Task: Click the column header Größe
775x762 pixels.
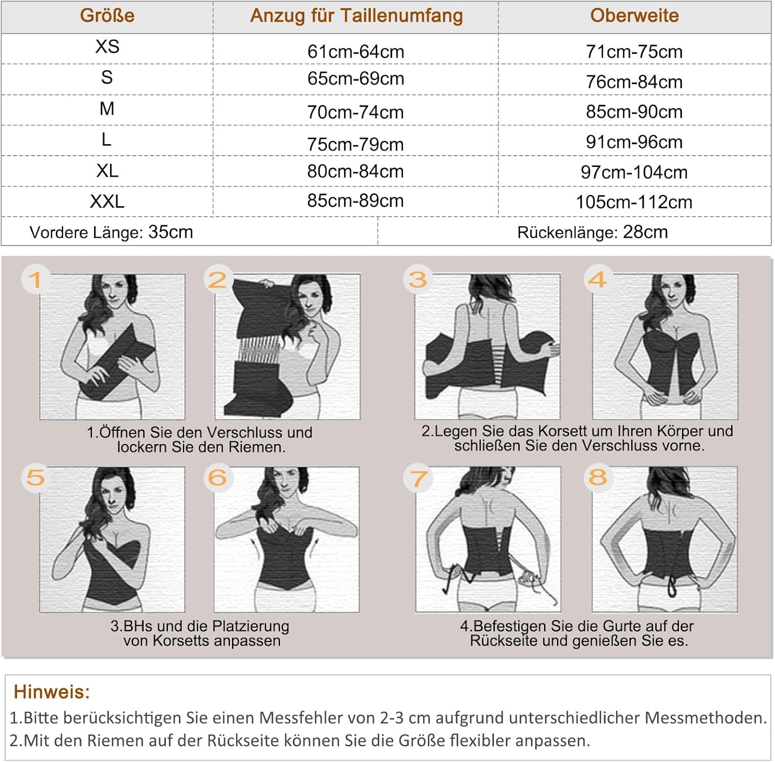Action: (107, 16)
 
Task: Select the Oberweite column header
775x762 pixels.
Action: (634, 16)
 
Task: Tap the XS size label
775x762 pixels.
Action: (107, 47)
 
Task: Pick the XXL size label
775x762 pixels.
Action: (107, 201)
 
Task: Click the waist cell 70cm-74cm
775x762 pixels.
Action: (355, 112)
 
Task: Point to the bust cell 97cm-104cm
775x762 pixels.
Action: (634, 172)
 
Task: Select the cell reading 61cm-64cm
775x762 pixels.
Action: (355, 52)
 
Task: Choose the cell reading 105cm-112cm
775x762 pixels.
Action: (634, 202)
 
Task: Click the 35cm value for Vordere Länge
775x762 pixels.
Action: (171, 232)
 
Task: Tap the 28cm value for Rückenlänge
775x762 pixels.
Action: (645, 232)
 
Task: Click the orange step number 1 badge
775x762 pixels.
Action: (35, 280)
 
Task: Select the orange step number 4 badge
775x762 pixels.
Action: (598, 280)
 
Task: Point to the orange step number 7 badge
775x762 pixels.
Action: (418, 478)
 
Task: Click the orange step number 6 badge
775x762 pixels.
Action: (218, 478)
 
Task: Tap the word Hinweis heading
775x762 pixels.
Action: (52, 692)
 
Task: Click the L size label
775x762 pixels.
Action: (106, 140)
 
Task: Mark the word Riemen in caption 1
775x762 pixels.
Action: (257, 447)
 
